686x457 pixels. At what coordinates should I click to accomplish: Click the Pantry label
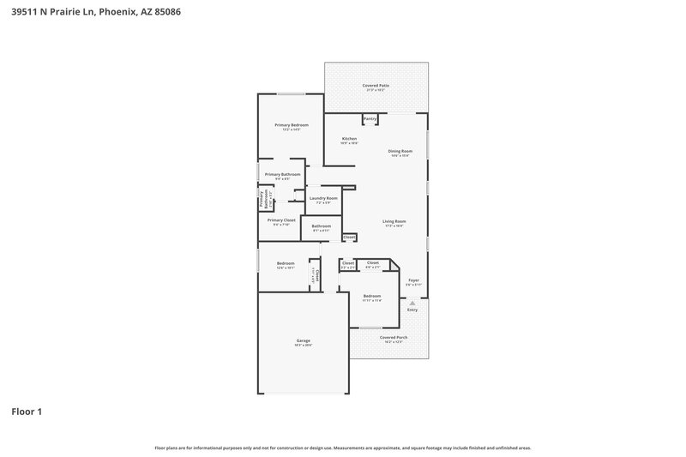pos(370,118)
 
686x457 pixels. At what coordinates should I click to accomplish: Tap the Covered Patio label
pos(376,86)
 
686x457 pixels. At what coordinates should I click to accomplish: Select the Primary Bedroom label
pos(292,125)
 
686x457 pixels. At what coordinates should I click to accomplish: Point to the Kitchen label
pos(349,139)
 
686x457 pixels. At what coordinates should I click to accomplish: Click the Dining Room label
pos(400,152)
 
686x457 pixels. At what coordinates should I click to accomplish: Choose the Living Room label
pos(394,221)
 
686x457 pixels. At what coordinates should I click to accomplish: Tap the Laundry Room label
pos(323,198)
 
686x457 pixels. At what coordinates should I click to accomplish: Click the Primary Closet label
pos(281,220)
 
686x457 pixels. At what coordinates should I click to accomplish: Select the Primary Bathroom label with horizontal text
pos(282,174)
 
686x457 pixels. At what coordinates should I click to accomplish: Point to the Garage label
pos(304,340)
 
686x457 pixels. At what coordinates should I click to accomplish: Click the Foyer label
pos(413,280)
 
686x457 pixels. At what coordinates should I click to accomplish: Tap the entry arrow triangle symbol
pos(413,302)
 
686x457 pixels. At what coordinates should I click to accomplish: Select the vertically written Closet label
pos(314,274)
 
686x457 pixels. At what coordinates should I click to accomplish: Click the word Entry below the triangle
pos(413,310)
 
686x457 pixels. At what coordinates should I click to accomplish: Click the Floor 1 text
pos(27,412)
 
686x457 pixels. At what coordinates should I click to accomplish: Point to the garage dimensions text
pos(304,345)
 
